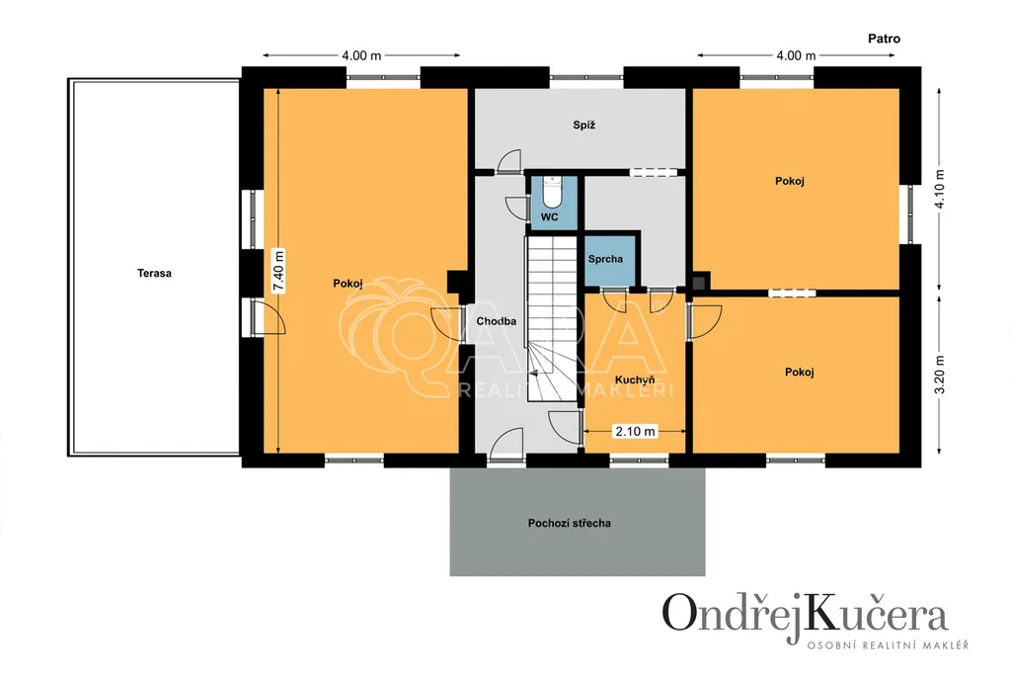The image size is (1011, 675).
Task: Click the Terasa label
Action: (154, 273)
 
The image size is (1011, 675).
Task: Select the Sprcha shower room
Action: (610, 261)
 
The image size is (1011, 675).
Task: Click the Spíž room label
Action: (583, 125)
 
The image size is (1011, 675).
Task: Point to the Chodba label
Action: (497, 321)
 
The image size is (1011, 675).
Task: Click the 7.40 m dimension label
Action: (278, 271)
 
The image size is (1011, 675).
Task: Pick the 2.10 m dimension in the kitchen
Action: (635, 431)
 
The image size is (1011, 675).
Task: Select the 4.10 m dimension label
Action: (940, 189)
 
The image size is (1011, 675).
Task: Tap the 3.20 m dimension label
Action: (940, 375)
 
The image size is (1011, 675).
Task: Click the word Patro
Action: (884, 39)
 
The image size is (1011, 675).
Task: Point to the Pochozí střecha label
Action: (570, 524)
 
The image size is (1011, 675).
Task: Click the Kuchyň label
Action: (635, 380)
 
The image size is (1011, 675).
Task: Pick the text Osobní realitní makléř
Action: (888, 644)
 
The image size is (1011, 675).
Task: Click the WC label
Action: (549, 216)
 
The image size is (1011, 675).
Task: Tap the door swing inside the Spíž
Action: (509, 161)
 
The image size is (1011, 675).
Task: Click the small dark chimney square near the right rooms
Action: (699, 282)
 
